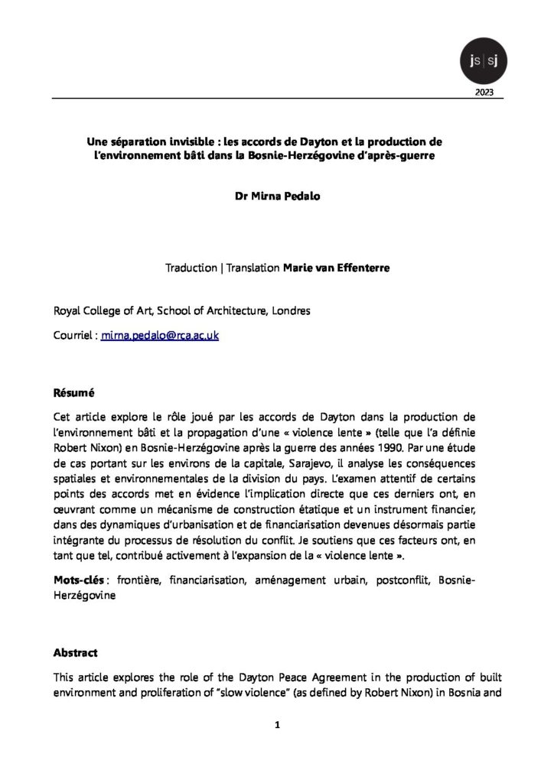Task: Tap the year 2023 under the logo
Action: tap(484, 93)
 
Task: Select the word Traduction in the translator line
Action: tap(191, 268)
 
